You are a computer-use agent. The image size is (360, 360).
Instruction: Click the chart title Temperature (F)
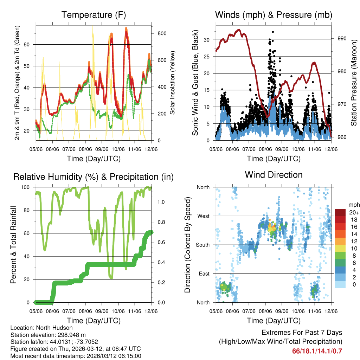(94, 15)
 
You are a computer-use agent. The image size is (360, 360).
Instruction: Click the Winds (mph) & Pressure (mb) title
(274, 15)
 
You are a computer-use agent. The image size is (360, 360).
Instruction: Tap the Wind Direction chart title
(274, 175)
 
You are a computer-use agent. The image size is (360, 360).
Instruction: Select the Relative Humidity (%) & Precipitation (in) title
(94, 177)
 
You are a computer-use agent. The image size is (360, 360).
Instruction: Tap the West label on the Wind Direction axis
(203, 216)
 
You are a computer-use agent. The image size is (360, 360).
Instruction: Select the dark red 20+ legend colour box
(341, 212)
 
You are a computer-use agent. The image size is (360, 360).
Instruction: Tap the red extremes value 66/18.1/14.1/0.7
(317, 351)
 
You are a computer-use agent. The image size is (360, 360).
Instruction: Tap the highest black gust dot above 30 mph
(273, 32)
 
